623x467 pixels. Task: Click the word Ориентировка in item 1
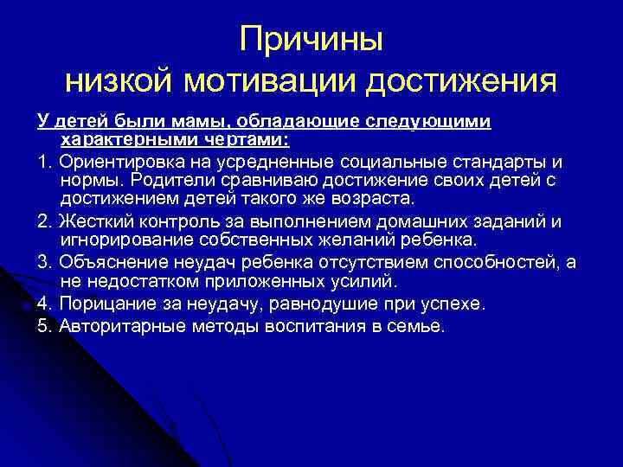click(122, 162)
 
